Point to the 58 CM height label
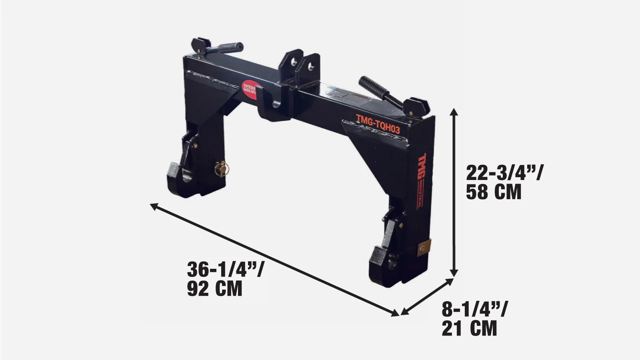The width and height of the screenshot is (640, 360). (494, 192)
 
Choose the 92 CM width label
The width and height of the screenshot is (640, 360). (214, 288)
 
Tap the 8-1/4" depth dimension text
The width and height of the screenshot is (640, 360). (475, 310)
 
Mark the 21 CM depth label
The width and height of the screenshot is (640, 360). (469, 328)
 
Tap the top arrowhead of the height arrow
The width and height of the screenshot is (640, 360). (454, 112)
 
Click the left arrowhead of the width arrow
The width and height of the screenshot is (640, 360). (154, 206)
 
